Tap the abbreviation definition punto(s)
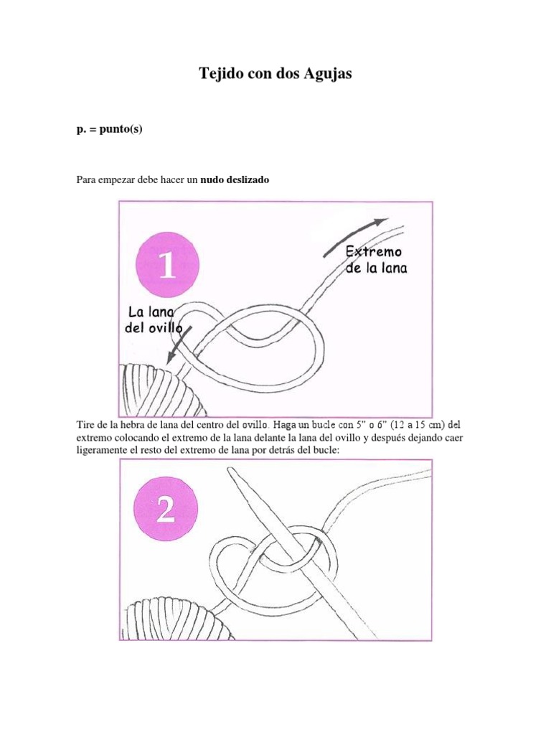(x=121, y=129)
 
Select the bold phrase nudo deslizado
(x=235, y=179)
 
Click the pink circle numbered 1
(x=167, y=264)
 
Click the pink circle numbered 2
(x=166, y=509)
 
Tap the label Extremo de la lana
(x=376, y=260)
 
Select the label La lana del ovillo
(x=154, y=319)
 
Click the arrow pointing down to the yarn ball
(x=179, y=345)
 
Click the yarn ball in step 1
(x=162, y=390)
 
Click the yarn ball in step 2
(x=176, y=618)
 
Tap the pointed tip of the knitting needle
(x=228, y=468)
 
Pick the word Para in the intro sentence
(x=86, y=179)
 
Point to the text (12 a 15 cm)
(x=418, y=425)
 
